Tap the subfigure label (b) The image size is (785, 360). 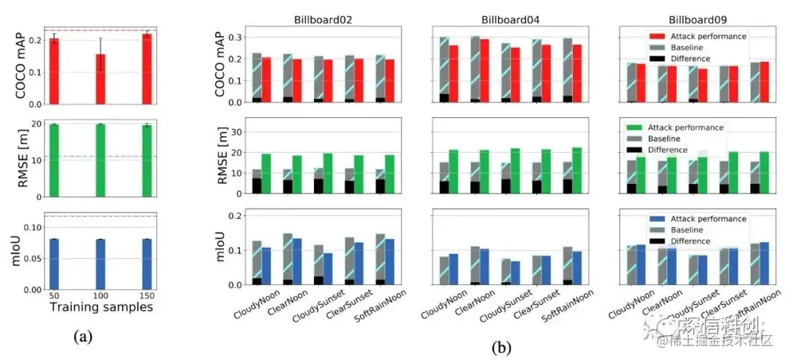pos(502,348)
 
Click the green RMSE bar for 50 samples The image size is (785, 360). pos(54,161)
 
